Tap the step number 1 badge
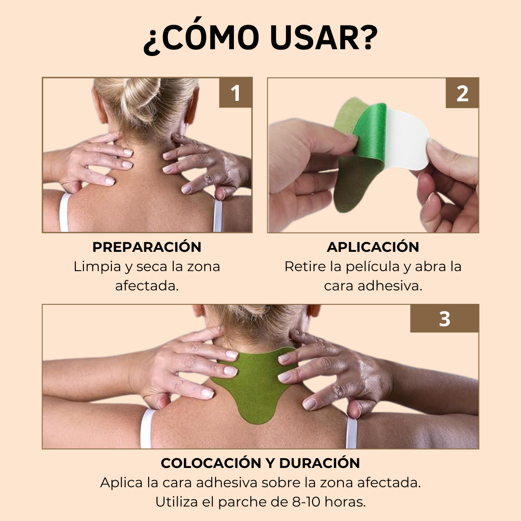(235, 93)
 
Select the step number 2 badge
(462, 93)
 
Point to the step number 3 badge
(445, 319)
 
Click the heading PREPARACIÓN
(147, 247)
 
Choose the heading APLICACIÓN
(373, 247)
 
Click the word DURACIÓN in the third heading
(319, 463)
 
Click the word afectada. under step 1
(147, 286)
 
